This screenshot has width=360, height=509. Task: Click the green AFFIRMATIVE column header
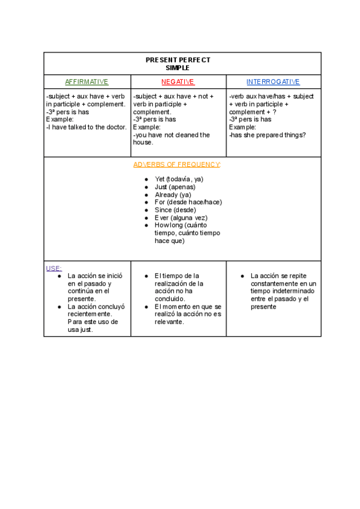(86, 82)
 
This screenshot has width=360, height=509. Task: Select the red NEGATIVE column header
(178, 82)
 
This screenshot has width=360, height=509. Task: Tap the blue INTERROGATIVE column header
(273, 82)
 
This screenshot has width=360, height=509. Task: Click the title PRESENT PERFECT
(178, 60)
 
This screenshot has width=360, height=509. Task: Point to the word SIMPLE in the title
(178, 68)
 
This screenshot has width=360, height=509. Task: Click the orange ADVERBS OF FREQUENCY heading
(177, 164)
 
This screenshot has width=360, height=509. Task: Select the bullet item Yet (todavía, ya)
(179, 179)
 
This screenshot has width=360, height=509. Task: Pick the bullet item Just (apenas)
(175, 187)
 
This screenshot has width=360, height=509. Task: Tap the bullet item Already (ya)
(173, 194)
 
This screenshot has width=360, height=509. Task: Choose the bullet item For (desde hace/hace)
(188, 202)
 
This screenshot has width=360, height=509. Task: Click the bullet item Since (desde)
(175, 210)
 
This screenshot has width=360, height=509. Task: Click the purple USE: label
(54, 268)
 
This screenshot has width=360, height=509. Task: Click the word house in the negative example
(143, 143)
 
